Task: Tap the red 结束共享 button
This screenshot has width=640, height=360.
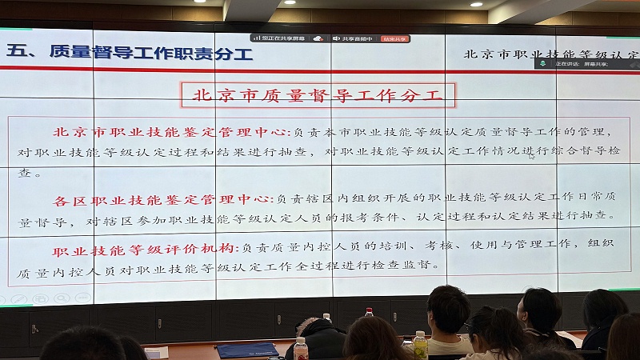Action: tap(394, 38)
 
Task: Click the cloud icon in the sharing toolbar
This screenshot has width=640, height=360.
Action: tap(318, 38)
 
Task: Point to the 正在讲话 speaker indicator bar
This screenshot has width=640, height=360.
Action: tap(581, 63)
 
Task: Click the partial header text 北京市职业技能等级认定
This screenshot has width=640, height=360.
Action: tap(552, 54)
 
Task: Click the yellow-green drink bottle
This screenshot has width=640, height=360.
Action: tap(419, 344)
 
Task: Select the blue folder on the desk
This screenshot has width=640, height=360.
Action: tap(247, 350)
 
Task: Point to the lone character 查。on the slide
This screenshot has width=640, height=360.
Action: tap(30, 173)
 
